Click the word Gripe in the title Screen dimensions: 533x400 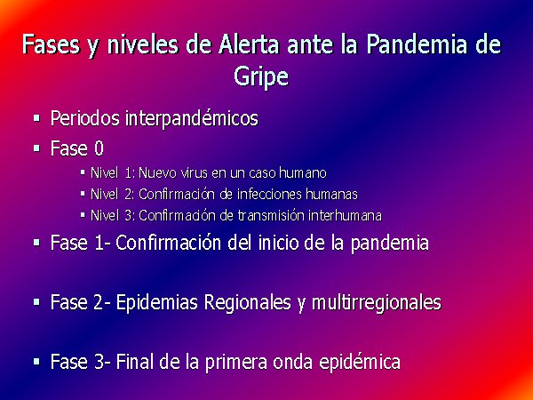pos(261,77)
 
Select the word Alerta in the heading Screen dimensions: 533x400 pos(249,45)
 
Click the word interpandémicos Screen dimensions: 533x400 pos(192,118)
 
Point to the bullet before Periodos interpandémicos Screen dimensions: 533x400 pos(36,119)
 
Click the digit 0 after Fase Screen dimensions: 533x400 pos(99,148)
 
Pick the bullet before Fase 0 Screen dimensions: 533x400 pos(36,148)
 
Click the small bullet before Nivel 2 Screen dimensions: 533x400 pos(83,194)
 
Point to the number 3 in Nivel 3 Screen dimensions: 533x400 pos(129,216)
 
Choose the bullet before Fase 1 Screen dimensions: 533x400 pos(36,243)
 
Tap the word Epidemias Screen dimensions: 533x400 pos(156,302)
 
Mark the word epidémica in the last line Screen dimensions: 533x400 pos(359,363)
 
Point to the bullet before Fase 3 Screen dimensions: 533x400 pos(36,362)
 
